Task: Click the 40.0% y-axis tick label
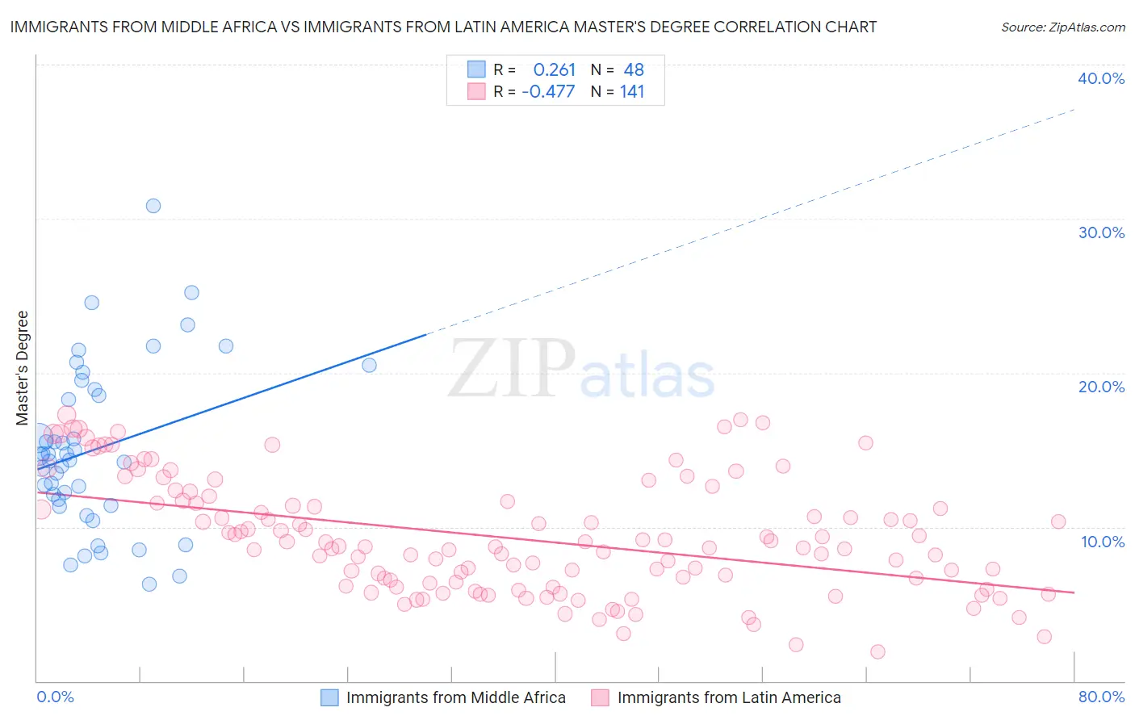pyautogui.click(x=1101, y=78)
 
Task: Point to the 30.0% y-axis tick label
pyautogui.click(x=1101, y=232)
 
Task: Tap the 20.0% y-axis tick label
pyautogui.click(x=1101, y=387)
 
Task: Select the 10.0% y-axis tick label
pyautogui.click(x=1103, y=542)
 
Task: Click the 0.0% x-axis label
pyautogui.click(x=55, y=697)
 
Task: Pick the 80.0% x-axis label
pyautogui.click(x=1101, y=697)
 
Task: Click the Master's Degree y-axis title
pyautogui.click(x=23, y=367)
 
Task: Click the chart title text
pyautogui.click(x=443, y=27)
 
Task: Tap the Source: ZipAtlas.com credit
pyautogui.click(x=1062, y=27)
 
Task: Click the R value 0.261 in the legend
pyautogui.click(x=554, y=70)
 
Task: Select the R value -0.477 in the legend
pyautogui.click(x=548, y=91)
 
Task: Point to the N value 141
pyautogui.click(x=632, y=91)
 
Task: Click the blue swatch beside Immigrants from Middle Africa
pyautogui.click(x=329, y=697)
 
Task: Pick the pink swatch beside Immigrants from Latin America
pyautogui.click(x=600, y=697)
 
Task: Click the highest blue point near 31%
pyautogui.click(x=153, y=206)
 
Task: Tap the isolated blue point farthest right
pyautogui.click(x=369, y=365)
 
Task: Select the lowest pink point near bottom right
pyautogui.click(x=877, y=651)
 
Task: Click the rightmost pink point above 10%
pyautogui.click(x=1058, y=521)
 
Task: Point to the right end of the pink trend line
pyautogui.click(x=1074, y=592)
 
